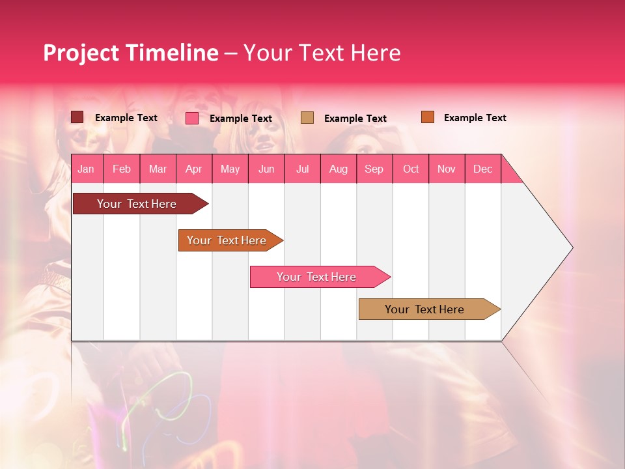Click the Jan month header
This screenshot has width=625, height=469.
86,169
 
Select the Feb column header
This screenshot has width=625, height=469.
122,169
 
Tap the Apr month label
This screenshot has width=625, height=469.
193,169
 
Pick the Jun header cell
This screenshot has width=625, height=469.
266,169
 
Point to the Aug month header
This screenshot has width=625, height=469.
339,169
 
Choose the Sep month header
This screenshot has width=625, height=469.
374,169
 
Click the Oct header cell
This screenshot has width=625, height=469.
411,169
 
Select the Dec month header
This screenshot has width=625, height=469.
483,169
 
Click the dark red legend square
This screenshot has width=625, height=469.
77,117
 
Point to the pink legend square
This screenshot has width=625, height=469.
192,118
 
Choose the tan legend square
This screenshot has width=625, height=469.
307,117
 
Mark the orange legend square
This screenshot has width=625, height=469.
428,117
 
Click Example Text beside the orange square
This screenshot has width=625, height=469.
475,118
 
